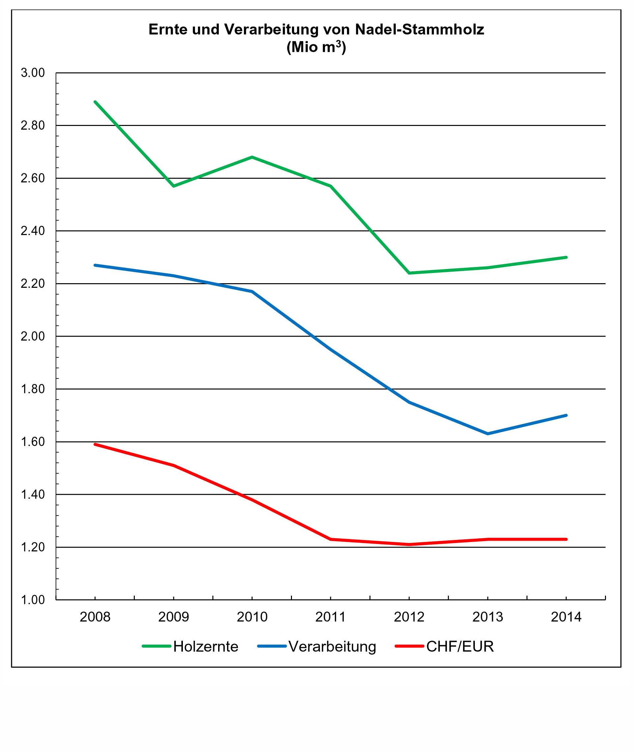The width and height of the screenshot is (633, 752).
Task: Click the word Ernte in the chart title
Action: coord(168,29)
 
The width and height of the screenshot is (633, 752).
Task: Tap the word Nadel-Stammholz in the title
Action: coord(419,29)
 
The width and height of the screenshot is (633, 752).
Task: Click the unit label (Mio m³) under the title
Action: coord(316,47)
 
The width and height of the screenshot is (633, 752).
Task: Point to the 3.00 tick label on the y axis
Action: coord(33,73)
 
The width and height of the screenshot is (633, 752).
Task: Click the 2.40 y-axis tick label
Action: coord(33,231)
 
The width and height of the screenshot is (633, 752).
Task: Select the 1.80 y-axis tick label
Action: coord(33,389)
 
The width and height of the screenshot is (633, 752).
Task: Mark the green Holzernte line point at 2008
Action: coord(95,102)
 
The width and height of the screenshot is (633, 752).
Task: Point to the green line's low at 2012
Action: coord(409,273)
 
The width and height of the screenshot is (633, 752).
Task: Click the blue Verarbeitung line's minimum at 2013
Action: coord(488,434)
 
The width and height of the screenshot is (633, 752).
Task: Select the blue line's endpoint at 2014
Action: coord(566,415)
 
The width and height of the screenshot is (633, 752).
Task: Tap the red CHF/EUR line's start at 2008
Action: coord(95,444)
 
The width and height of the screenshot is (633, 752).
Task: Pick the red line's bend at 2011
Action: coord(331,539)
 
